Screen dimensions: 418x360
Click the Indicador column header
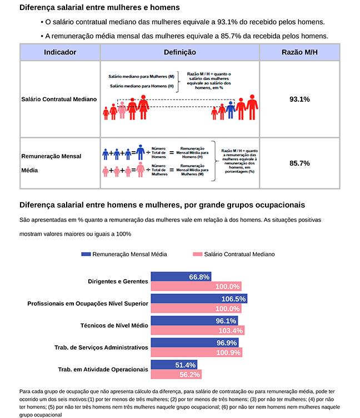[x=59, y=52]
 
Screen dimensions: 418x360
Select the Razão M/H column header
[x=299, y=52]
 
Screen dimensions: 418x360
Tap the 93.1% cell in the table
[x=299, y=99]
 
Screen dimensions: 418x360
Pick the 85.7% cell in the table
[x=299, y=163]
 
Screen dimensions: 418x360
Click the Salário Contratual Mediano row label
[x=59, y=99]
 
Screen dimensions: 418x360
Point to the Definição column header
[x=180, y=52]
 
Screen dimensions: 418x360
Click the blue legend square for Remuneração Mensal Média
[x=86, y=254]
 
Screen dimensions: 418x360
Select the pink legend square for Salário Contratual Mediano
[x=197, y=254]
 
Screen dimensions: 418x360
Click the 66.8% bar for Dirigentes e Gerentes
[x=181, y=277]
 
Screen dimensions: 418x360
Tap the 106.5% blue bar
[x=198, y=298]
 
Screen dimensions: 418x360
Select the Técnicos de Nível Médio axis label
[x=113, y=325]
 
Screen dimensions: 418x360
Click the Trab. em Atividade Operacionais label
[x=103, y=369]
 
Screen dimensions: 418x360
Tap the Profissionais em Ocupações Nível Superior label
[x=88, y=303]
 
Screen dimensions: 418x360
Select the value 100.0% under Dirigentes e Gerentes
[x=227, y=287]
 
